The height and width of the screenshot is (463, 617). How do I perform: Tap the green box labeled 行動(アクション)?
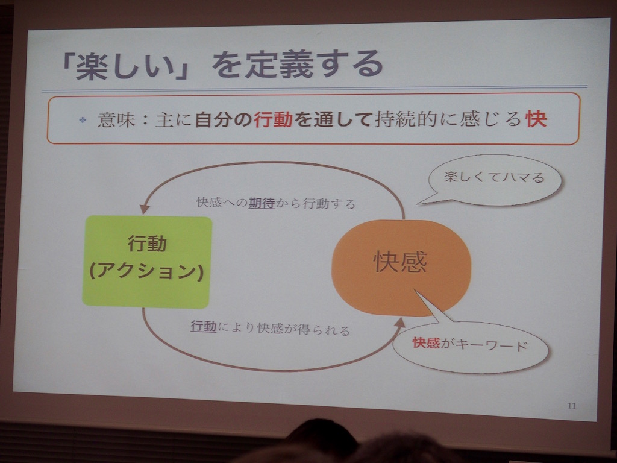pos(147,262)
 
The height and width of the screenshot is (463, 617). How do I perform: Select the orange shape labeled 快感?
pos(401,268)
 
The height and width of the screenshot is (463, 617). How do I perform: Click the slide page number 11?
pos(572,406)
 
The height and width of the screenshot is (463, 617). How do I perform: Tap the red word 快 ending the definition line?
pos(536,119)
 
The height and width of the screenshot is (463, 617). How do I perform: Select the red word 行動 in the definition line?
pos(273,119)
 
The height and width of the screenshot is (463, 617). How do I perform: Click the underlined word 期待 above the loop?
pos(262,203)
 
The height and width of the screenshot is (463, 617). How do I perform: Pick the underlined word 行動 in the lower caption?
pos(204,326)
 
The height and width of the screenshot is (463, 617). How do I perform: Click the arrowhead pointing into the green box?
pos(145,209)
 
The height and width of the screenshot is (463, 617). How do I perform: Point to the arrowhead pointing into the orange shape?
pos(399,324)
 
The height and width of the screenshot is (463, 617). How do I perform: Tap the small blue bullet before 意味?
pos(82,120)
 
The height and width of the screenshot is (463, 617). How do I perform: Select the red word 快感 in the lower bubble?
pos(426,343)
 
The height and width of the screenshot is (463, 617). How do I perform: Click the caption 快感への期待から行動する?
pos(276,203)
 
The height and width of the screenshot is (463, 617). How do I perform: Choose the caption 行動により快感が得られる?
pos(271,327)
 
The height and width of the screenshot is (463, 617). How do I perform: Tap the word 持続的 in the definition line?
pos(406,119)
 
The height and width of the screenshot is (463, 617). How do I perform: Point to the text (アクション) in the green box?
pos(146,271)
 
